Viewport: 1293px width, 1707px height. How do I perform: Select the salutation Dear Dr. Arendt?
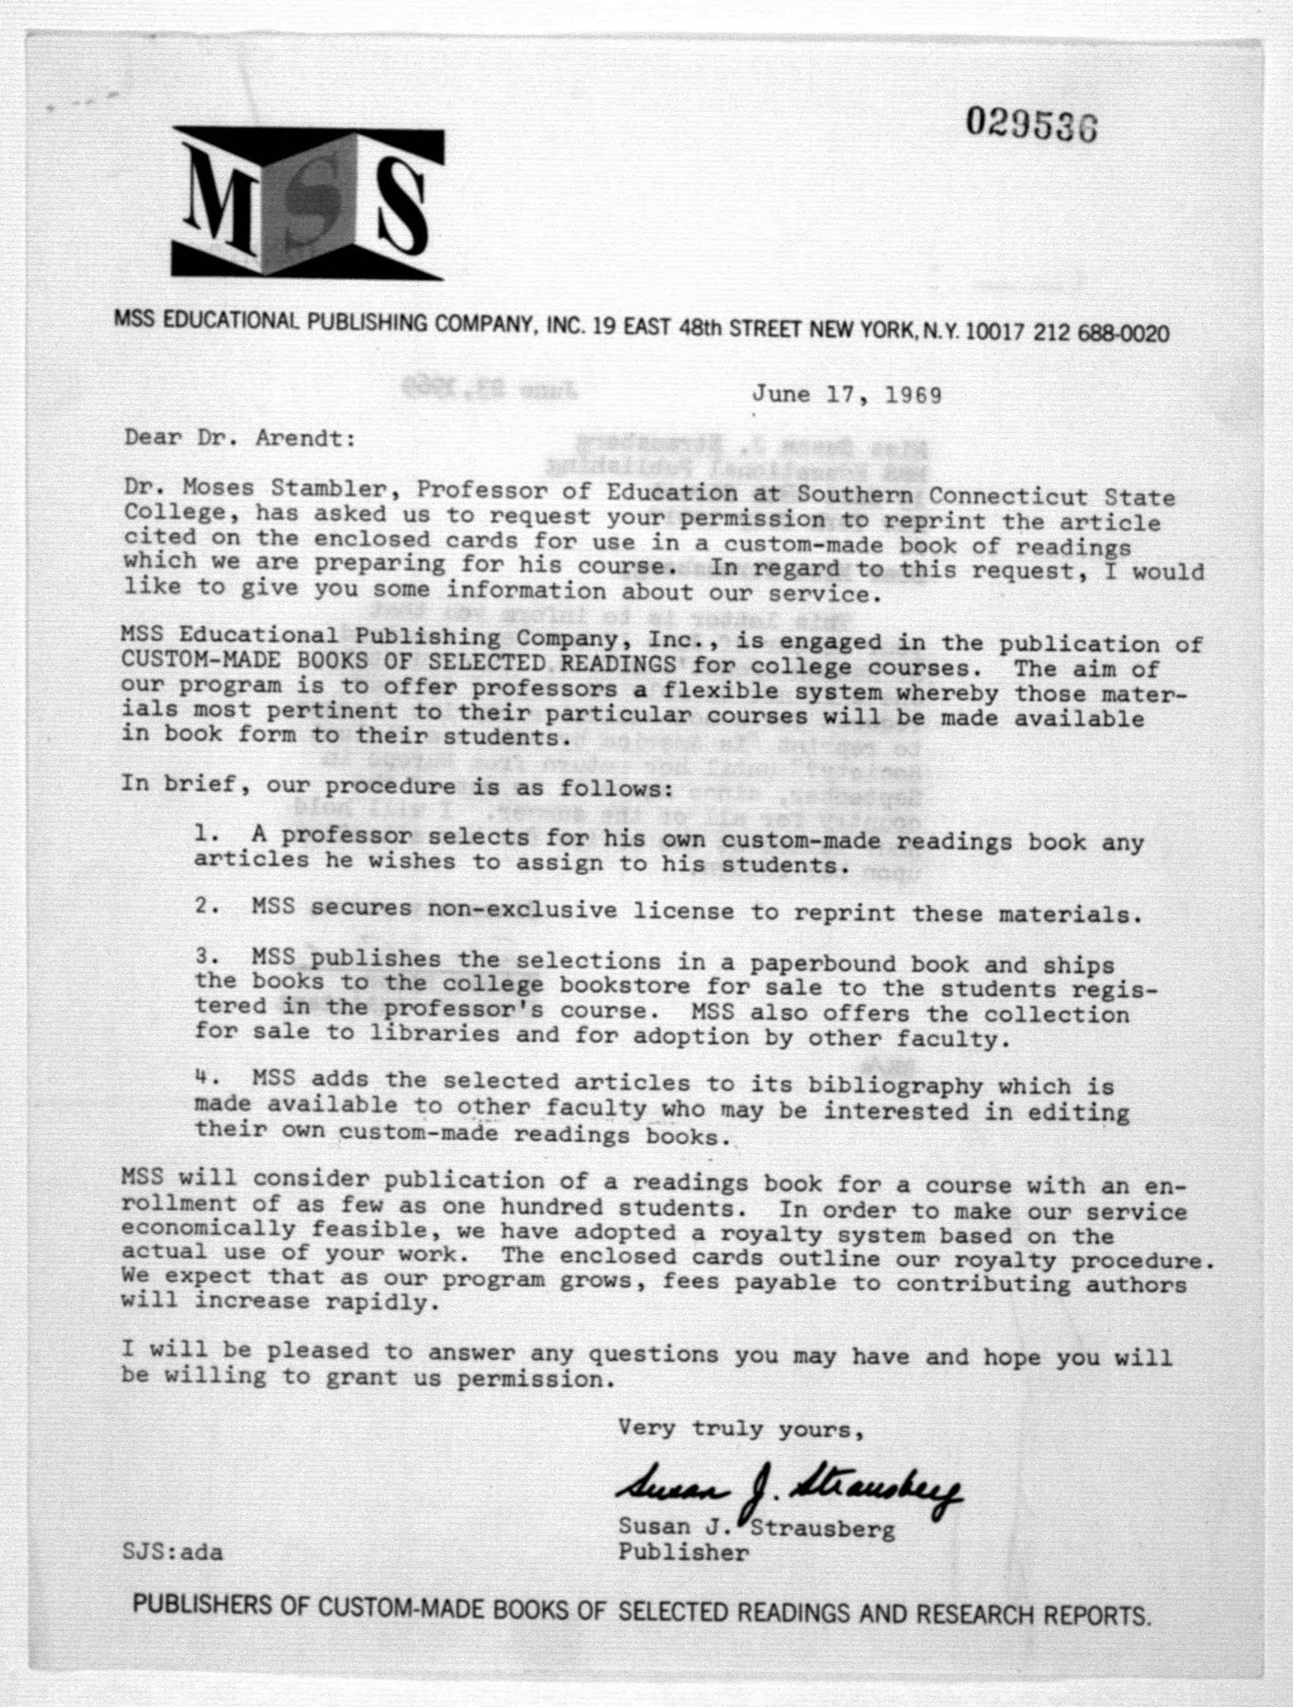point(240,438)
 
